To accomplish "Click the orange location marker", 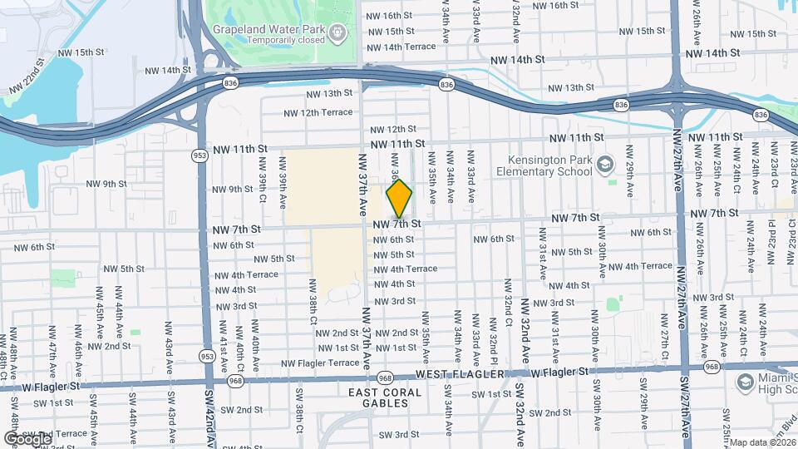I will (x=399, y=198).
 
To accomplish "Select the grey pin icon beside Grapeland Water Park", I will (x=337, y=33).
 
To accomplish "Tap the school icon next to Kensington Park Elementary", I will (x=605, y=164).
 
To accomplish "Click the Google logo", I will (x=27, y=438).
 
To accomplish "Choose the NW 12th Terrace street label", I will (x=318, y=112).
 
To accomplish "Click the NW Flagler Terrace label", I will (x=320, y=363).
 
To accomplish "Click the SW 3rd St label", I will (x=399, y=434).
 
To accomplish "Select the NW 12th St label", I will (x=392, y=129).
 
